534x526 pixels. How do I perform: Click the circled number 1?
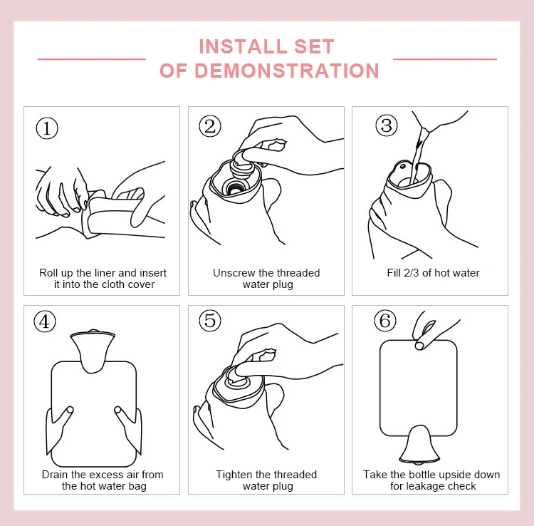(47, 128)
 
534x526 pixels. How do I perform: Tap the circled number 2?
(210, 126)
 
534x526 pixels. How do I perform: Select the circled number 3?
(387, 125)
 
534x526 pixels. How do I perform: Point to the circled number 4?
(45, 321)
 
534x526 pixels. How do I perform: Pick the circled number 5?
(210, 321)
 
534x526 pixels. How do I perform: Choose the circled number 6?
(385, 321)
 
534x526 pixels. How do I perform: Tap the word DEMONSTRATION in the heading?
(287, 71)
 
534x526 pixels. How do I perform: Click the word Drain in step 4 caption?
(55, 475)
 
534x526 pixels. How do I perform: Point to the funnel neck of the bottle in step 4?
(93, 351)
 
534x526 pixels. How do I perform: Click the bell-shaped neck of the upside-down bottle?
(419, 445)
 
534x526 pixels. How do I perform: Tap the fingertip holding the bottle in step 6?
(419, 346)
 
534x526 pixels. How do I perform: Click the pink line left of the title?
(92, 59)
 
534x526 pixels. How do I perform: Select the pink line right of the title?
(445, 59)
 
